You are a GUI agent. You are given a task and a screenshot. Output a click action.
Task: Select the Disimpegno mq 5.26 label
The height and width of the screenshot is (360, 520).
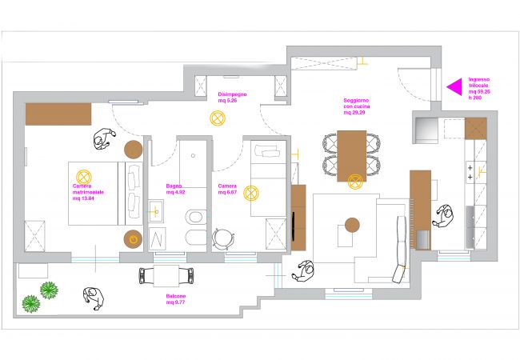point(232,98)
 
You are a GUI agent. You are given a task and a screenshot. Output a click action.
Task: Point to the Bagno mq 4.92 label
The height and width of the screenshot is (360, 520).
point(176,189)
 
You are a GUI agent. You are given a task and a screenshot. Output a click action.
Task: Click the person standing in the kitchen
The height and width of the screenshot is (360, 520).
point(444,215)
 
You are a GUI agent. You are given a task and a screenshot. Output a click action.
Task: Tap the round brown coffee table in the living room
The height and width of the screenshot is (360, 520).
point(350,224)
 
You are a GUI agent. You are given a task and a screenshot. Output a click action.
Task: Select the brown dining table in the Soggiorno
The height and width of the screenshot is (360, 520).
point(352,156)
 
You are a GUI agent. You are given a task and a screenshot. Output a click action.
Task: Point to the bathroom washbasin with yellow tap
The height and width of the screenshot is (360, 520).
point(156,211)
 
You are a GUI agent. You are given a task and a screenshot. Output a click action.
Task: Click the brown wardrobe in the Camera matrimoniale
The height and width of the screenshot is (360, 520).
point(58,114)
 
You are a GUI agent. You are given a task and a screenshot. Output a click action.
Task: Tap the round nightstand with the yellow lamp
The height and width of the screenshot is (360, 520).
point(134,238)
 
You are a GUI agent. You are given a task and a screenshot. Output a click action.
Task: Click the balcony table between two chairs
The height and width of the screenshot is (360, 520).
point(166,276)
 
